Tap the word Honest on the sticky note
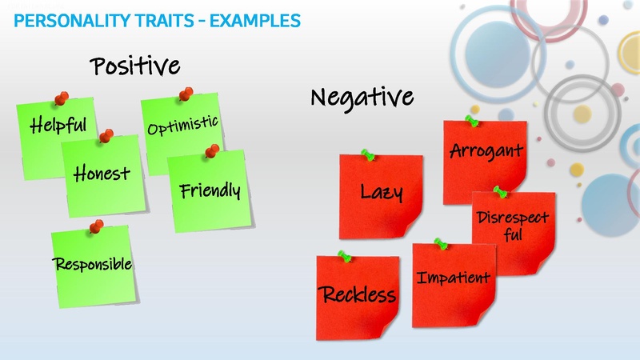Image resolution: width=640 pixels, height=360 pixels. click(101, 173)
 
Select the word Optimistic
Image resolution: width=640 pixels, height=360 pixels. click(182, 126)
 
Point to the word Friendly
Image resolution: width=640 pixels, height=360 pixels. click(210, 191)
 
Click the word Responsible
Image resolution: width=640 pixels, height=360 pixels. click(92, 263)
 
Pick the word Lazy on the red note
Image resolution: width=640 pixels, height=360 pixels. click(381, 192)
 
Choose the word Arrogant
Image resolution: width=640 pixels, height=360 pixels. click(486, 150)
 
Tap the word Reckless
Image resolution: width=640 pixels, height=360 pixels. click(358, 295)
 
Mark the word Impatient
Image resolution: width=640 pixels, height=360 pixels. click(453, 278)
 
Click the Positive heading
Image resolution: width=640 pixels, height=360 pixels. click(134, 66)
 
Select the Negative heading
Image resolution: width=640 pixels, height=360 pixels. click(362, 98)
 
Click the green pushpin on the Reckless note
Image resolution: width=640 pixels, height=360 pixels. click(345, 256)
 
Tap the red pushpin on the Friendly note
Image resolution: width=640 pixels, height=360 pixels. click(211, 150)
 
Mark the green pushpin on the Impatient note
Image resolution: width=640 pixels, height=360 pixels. click(438, 242)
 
